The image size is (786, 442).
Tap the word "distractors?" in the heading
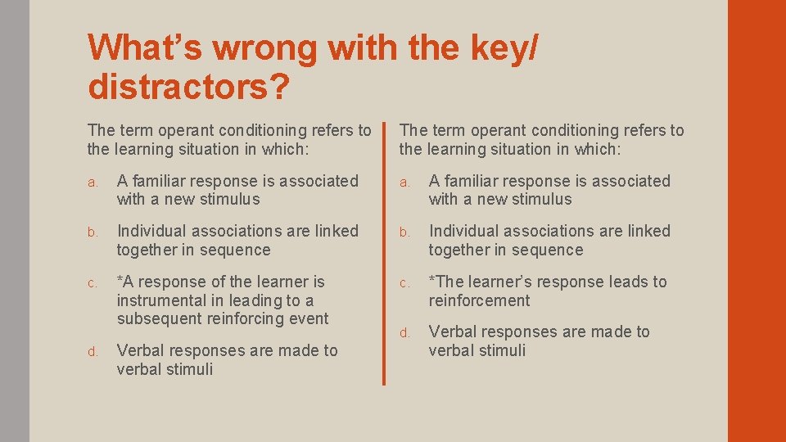coord(188,88)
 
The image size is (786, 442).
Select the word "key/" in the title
coord(501,49)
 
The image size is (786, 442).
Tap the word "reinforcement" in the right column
coord(479,300)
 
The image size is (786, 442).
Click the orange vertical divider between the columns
coord(383,254)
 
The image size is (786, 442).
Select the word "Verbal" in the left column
coord(142,350)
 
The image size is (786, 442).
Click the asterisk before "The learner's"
coord(432,280)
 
